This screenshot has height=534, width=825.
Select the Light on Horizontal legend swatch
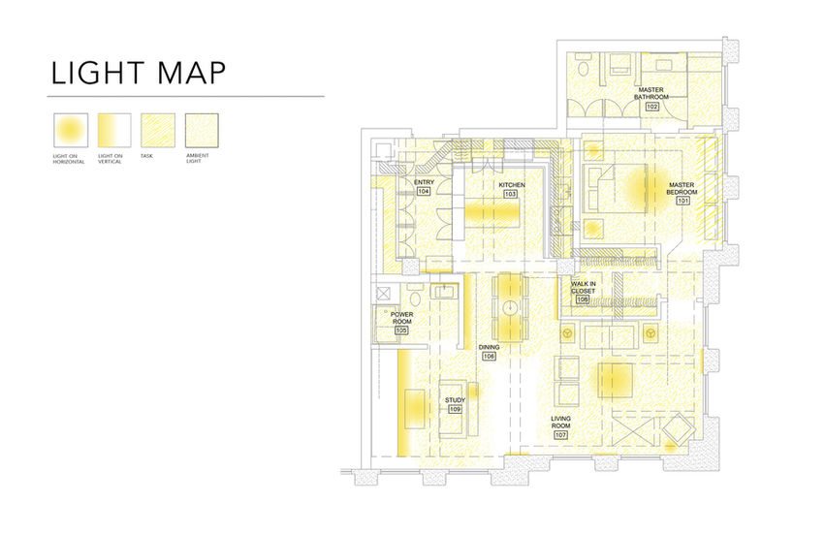[x=70, y=128]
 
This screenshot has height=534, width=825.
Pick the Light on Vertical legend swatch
[x=113, y=128]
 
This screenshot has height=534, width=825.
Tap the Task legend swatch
[x=158, y=128]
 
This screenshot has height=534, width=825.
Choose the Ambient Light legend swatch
[x=202, y=128]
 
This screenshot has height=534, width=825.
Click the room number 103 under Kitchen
[x=511, y=194]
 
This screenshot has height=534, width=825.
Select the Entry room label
[x=424, y=183]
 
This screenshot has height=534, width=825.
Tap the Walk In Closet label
[x=583, y=288]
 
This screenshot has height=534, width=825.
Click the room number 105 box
[x=402, y=330]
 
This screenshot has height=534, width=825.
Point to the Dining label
[x=489, y=347]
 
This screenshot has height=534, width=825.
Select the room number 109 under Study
[x=455, y=409]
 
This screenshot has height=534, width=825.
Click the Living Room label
[x=561, y=422]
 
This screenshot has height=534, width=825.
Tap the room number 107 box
[x=560, y=435]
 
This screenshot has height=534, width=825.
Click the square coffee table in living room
[x=616, y=379]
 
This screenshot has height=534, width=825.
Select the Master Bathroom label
[x=651, y=93]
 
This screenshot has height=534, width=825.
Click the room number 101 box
[x=682, y=203]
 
